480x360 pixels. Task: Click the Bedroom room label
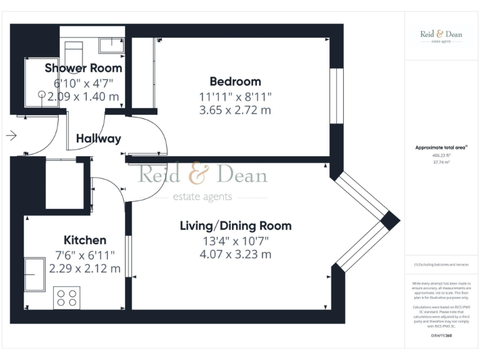[x=235, y=81]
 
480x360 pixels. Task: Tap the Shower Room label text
[x=83, y=68]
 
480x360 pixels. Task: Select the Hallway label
[x=98, y=139]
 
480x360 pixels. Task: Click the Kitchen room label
[x=85, y=240]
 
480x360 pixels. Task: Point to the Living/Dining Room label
[x=236, y=226]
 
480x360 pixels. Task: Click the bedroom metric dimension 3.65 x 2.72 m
[x=235, y=111]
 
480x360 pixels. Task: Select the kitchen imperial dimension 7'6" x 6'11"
[x=85, y=255]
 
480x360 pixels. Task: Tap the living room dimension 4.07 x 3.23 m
[x=236, y=254]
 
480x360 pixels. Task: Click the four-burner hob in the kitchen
[x=66, y=297]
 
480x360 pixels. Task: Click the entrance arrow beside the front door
[x=11, y=135]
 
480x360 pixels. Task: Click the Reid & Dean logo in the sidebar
[x=441, y=36]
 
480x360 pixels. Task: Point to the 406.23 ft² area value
[x=441, y=155]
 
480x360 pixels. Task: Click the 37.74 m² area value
[x=441, y=161]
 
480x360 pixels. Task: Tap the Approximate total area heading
[x=441, y=147]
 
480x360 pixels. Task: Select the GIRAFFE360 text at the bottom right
[x=441, y=336]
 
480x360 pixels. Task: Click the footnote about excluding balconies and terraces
[x=441, y=265]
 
